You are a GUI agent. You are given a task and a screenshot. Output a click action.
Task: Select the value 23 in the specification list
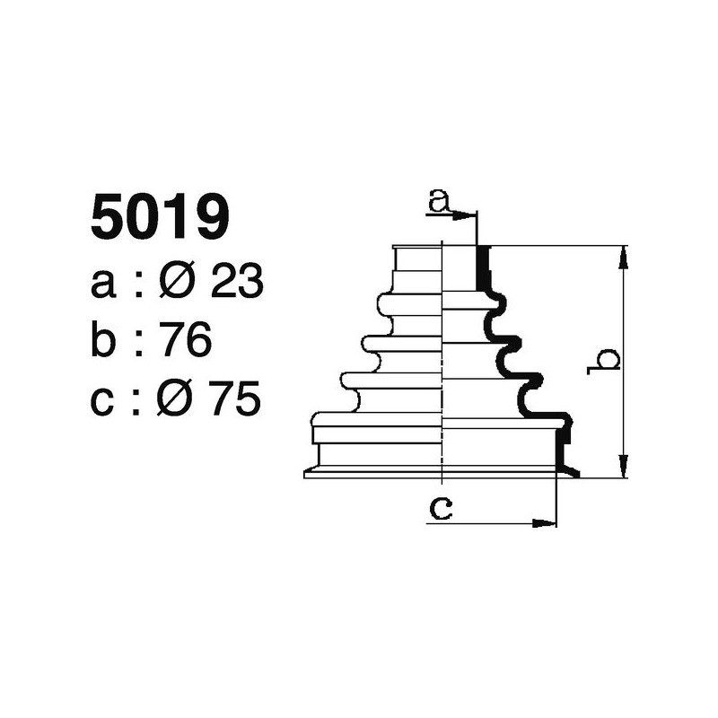point(237,282)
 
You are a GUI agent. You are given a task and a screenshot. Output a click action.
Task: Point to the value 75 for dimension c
point(236,399)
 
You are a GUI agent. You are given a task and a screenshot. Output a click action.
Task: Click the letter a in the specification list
point(104,285)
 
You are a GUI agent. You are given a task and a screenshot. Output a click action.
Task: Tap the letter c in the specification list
point(103,402)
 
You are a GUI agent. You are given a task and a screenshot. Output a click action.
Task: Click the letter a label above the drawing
point(439,200)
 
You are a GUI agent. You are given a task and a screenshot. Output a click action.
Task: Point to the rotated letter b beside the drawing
point(608,360)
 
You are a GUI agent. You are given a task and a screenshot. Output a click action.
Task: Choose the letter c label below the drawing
point(440,508)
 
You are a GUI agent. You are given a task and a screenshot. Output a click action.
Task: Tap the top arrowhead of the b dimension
point(622,256)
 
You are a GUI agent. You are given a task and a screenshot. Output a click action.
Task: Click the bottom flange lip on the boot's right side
point(568,470)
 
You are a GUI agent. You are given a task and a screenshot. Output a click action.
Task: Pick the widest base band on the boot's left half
point(377,433)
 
